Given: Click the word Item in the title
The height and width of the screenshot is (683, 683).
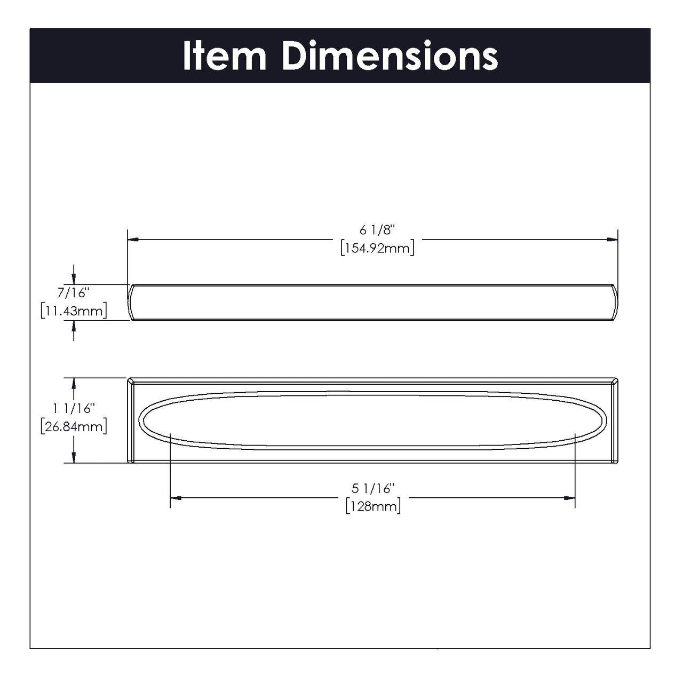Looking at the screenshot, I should (x=225, y=55).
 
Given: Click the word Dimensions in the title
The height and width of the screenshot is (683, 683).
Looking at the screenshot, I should (x=390, y=55).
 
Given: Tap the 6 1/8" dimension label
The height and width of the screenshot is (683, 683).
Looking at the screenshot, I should (x=377, y=231).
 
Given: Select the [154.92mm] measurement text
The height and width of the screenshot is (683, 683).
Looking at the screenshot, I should (x=377, y=249).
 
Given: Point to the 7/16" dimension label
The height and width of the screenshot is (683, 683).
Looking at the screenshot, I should (x=74, y=292).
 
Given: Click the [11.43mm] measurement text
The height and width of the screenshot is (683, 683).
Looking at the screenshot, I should (x=74, y=311).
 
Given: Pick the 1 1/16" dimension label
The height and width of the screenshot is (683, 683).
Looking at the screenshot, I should (x=74, y=408).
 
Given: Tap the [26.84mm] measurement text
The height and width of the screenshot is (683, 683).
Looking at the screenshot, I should (x=74, y=426).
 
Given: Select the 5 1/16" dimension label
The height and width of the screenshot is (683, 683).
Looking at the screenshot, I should (x=372, y=488).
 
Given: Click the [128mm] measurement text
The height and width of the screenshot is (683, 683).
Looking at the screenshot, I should (x=372, y=506).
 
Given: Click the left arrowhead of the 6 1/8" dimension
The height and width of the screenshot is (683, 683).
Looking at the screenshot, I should (x=133, y=240).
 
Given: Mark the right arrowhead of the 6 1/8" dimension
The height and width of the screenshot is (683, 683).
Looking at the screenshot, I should (x=612, y=240).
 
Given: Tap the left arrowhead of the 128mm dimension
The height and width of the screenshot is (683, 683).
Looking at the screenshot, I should (x=176, y=498).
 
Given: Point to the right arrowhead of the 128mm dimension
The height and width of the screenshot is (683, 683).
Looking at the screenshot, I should (x=569, y=498).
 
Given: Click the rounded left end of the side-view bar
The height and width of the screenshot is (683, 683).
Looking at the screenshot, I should (x=130, y=303).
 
